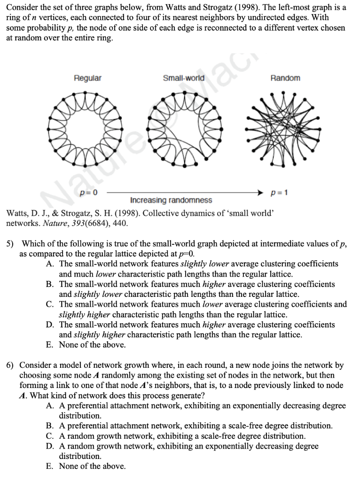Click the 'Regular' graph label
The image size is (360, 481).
(x=87, y=78)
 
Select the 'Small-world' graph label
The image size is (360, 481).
(x=183, y=78)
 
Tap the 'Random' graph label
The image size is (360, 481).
(x=285, y=78)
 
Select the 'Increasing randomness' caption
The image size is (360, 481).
(x=171, y=201)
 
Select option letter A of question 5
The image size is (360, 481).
(x=50, y=264)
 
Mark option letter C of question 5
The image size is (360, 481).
(x=50, y=304)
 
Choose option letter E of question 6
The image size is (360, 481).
(x=50, y=466)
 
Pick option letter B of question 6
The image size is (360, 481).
(x=50, y=426)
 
